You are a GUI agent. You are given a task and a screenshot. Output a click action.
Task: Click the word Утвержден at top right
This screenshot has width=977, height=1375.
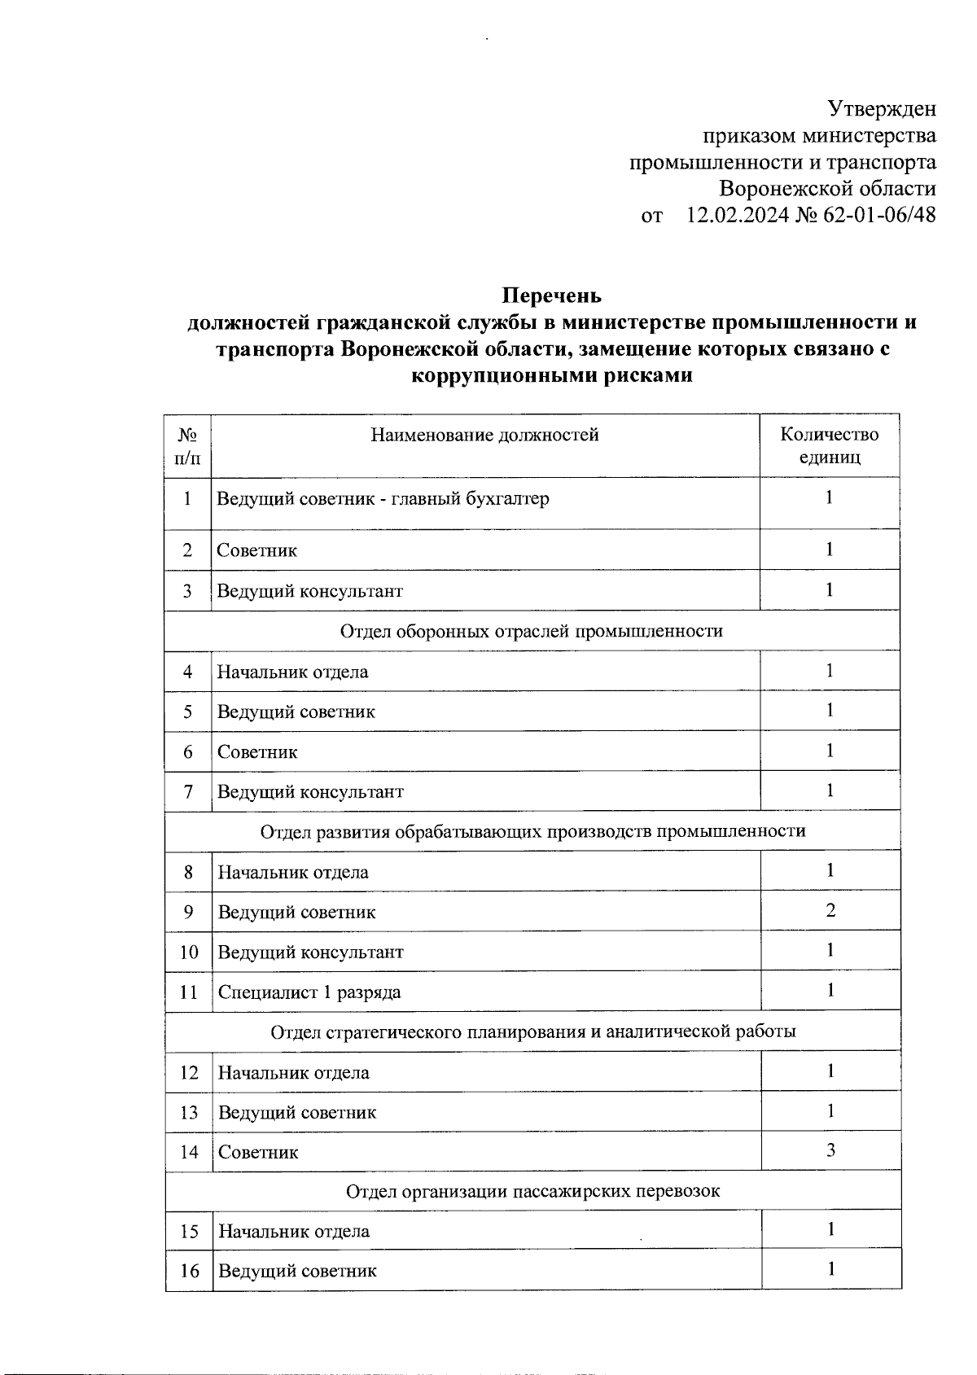(881, 109)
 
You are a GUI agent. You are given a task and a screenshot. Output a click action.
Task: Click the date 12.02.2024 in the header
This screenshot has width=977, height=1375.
(738, 216)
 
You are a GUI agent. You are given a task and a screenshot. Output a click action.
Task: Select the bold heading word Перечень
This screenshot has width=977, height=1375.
(551, 295)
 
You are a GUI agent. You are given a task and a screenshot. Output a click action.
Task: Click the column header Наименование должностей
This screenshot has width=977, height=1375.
(484, 436)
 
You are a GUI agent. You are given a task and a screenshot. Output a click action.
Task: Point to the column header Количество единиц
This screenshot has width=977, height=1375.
(829, 445)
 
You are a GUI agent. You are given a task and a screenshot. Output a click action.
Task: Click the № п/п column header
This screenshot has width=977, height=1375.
(187, 445)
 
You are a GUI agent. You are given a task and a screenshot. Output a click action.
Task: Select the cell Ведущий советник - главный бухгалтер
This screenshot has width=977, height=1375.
(383, 498)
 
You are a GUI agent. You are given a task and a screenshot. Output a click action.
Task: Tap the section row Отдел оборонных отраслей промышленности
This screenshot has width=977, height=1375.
(531, 631)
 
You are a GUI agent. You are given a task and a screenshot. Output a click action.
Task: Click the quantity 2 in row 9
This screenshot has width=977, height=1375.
(830, 910)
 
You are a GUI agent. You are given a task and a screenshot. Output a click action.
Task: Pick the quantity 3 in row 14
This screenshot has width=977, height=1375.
(830, 1150)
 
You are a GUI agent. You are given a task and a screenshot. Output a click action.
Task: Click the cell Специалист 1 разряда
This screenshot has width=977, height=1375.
(309, 992)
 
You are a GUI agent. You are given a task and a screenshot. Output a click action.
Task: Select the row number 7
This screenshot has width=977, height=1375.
(188, 791)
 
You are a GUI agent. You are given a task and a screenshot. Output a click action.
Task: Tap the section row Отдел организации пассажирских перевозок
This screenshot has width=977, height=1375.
(532, 1191)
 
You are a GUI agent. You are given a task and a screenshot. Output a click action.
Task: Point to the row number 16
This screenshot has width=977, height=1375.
(189, 1271)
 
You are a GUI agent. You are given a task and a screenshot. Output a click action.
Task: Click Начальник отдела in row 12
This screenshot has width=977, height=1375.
(293, 1073)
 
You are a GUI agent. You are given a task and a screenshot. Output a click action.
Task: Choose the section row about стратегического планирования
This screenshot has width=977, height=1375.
(532, 1031)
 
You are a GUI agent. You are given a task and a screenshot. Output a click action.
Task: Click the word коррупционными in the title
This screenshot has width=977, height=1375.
(508, 375)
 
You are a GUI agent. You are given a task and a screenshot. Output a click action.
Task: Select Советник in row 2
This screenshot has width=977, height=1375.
(256, 550)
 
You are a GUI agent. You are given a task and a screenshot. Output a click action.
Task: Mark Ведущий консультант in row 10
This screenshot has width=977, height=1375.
(310, 952)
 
